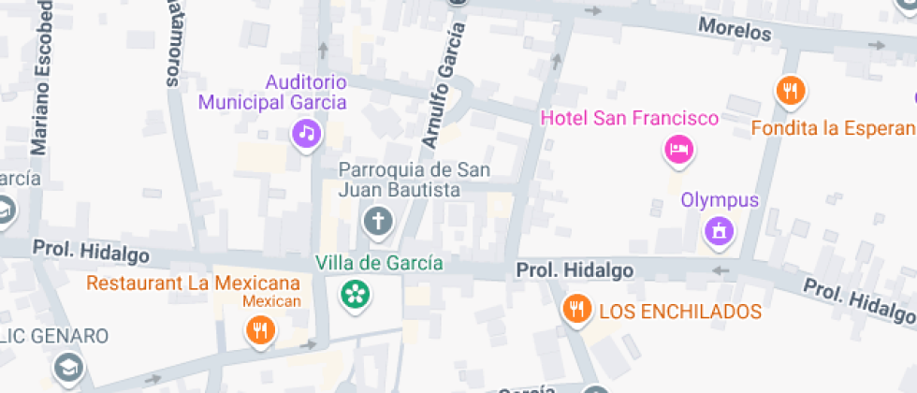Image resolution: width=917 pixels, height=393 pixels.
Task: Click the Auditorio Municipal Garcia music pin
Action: point(306,133)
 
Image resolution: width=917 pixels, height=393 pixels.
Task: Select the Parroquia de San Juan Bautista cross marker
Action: point(378,223)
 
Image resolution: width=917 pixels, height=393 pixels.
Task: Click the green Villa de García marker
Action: point(355,295)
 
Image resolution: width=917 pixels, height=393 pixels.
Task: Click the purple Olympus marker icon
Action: point(719,229)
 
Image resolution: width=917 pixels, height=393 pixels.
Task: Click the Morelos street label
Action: point(735,29)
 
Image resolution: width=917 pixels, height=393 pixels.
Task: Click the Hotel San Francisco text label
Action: point(630,119)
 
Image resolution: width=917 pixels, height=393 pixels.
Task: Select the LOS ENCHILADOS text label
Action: point(680,312)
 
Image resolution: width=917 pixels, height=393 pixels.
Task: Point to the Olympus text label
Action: point(720,199)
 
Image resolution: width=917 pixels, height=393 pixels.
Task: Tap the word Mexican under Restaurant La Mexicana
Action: point(271,301)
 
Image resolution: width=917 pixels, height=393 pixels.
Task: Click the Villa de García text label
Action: point(379,263)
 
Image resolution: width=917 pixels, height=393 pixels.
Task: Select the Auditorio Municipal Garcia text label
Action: point(272,93)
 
